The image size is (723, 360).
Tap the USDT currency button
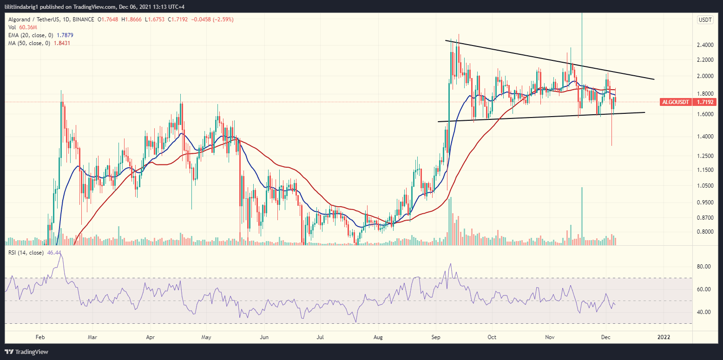[x=705, y=20]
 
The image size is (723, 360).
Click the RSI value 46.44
[x=55, y=253]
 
